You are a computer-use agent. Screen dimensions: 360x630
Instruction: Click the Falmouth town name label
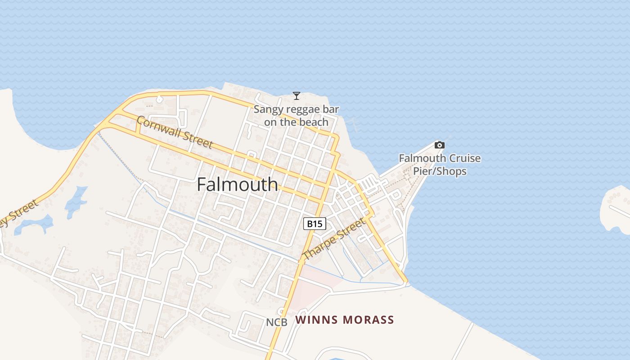click(x=237, y=184)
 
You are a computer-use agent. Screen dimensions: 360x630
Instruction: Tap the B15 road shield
click(x=314, y=224)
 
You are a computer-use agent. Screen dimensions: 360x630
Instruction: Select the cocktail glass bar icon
click(x=296, y=95)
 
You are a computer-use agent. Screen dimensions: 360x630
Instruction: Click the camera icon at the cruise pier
click(x=439, y=145)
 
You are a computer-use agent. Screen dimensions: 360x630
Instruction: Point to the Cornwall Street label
click(x=174, y=132)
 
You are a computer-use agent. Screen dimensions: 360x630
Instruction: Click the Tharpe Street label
click(x=333, y=239)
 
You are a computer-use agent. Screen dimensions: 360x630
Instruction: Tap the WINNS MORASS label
click(x=344, y=320)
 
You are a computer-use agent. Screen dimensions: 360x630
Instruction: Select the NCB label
click(x=276, y=322)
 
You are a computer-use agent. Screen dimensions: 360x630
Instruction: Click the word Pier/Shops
click(x=440, y=171)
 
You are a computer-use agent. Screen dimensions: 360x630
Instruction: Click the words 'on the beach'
click(x=296, y=122)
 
